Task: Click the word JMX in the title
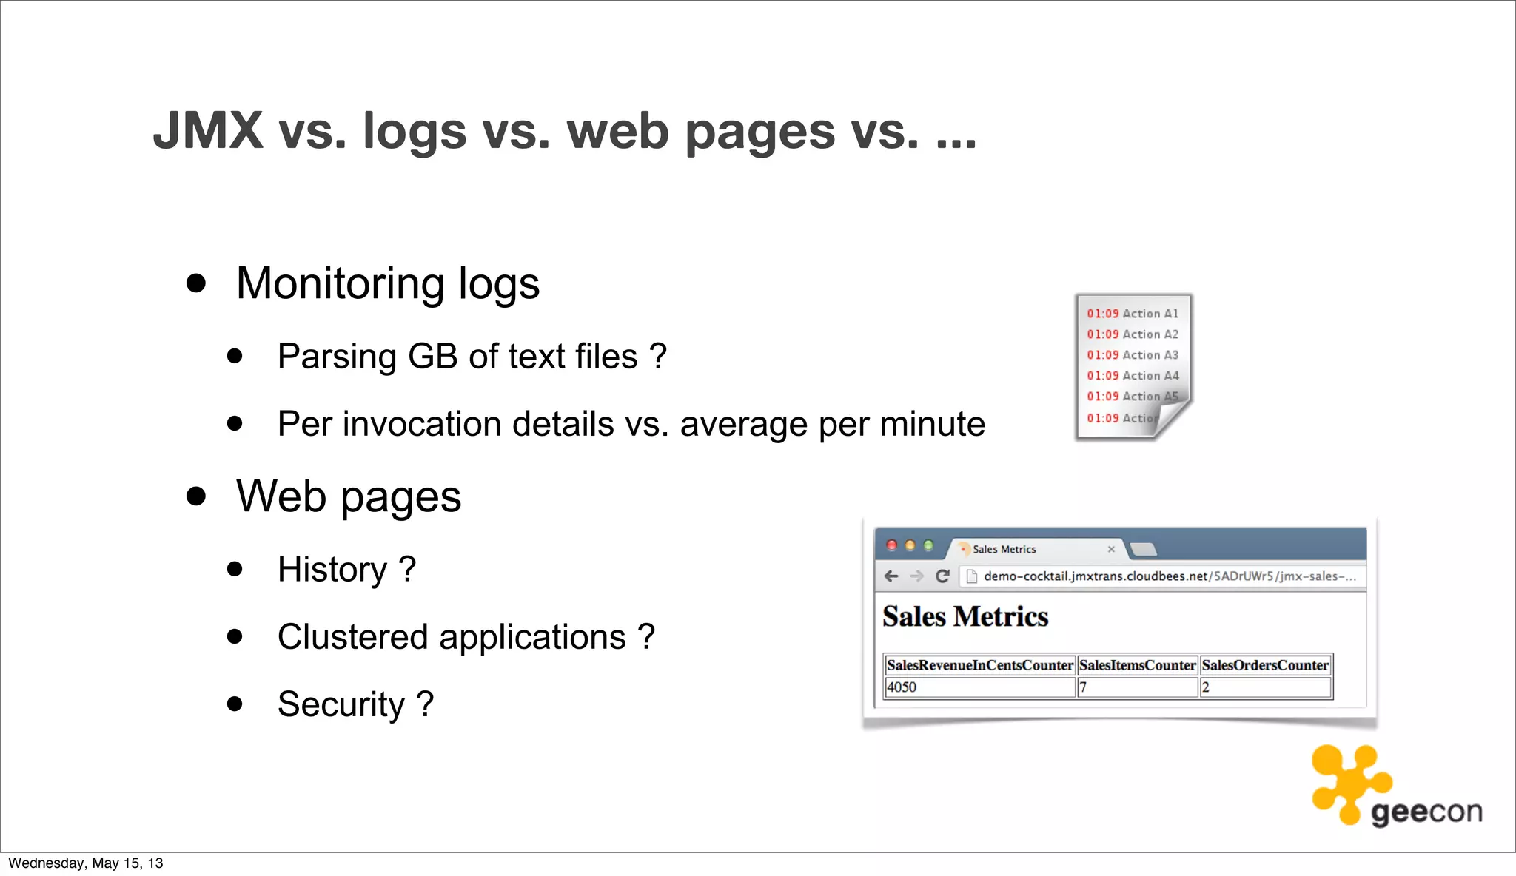point(208,131)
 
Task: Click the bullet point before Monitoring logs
point(196,283)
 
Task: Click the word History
point(332,570)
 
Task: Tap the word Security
point(341,704)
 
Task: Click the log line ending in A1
point(1132,314)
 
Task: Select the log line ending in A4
point(1132,376)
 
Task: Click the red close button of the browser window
point(892,546)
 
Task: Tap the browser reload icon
point(942,576)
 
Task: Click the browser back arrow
point(891,576)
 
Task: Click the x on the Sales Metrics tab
point(1111,549)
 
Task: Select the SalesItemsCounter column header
point(1137,665)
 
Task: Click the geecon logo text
point(1426,812)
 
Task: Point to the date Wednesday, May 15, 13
point(86,863)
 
